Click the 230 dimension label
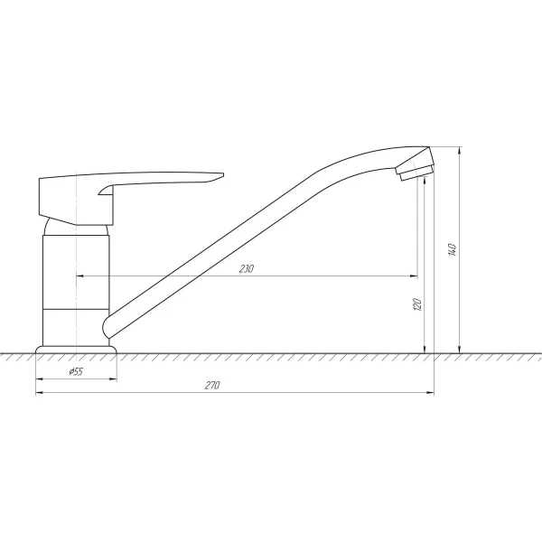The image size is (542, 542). click(247, 268)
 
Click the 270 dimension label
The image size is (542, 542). click(213, 386)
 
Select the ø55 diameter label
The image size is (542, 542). click(77, 372)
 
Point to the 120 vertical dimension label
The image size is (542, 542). click(417, 304)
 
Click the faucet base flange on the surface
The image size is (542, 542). click(77, 348)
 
